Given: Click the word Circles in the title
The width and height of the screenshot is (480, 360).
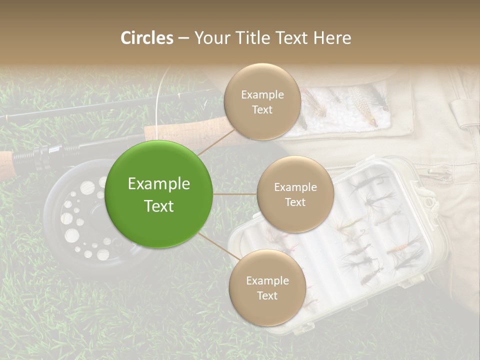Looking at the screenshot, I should pos(146,38).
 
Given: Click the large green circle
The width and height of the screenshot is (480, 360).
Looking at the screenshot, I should pos(159,194).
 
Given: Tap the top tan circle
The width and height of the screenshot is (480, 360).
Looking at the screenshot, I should pos(262,101).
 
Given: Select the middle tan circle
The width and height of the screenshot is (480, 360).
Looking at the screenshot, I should pos(295,194).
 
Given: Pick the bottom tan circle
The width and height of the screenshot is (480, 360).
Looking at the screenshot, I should pos(267,287).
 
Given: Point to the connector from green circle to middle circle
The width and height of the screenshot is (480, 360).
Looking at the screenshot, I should pos(235,194).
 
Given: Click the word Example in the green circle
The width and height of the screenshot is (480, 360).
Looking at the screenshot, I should pos(159,184).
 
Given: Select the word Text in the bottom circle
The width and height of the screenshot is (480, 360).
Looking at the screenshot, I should pos(267,295).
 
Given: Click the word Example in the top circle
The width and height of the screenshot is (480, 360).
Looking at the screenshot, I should pos(262,94).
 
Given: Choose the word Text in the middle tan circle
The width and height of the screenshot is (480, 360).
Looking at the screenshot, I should pos(295,202).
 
